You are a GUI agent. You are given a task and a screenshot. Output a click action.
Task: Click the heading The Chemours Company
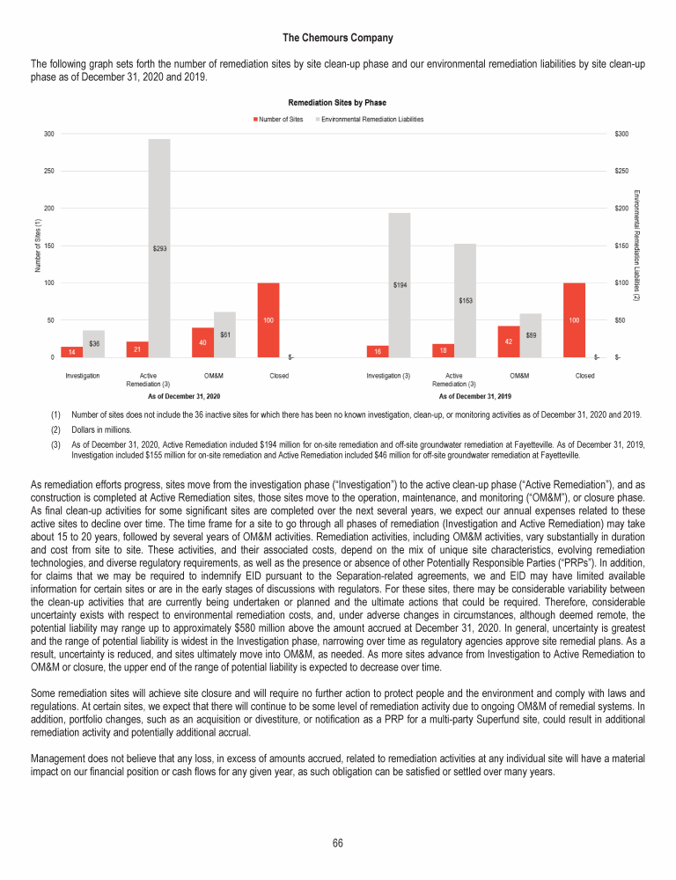[338, 38]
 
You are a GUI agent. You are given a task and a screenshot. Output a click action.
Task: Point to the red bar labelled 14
[72, 352]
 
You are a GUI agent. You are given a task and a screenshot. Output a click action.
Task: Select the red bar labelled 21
[136, 349]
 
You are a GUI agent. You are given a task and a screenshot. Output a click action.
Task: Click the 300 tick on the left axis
[48, 134]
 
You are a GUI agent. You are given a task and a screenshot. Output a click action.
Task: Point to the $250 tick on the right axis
[622, 171]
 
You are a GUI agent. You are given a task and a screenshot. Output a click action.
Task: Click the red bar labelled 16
[378, 351]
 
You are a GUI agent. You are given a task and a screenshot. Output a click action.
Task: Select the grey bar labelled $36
[94, 344]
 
